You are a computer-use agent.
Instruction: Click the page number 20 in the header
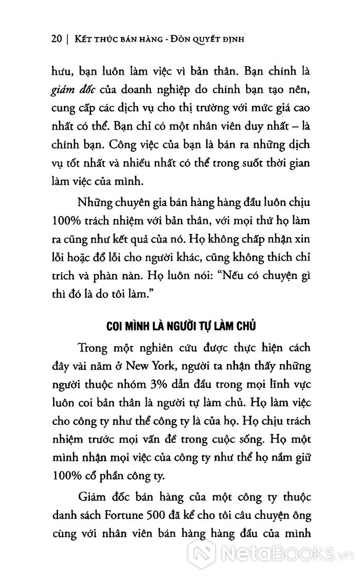point(56,39)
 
